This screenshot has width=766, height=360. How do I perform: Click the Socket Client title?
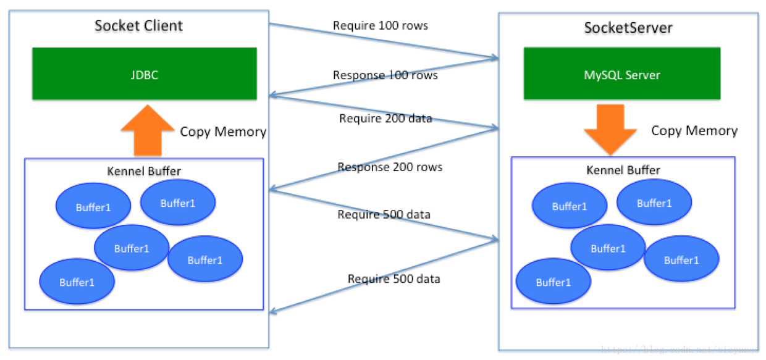click(x=138, y=26)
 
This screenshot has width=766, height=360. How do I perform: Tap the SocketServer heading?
click(x=628, y=28)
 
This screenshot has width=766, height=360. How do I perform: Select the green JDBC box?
click(x=144, y=73)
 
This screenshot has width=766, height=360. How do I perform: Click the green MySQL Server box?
click(x=621, y=75)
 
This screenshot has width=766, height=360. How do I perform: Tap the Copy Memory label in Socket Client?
click(x=223, y=132)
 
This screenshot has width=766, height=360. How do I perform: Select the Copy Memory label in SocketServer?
click(x=694, y=131)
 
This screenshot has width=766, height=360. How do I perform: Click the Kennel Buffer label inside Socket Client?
click(x=143, y=172)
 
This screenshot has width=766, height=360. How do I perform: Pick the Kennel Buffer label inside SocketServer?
click(x=623, y=170)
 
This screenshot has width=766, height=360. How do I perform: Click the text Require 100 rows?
click(x=380, y=26)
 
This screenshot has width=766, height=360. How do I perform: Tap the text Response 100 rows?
click(x=385, y=75)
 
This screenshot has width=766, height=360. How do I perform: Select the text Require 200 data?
click(x=385, y=119)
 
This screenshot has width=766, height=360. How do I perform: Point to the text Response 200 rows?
click(x=389, y=167)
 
